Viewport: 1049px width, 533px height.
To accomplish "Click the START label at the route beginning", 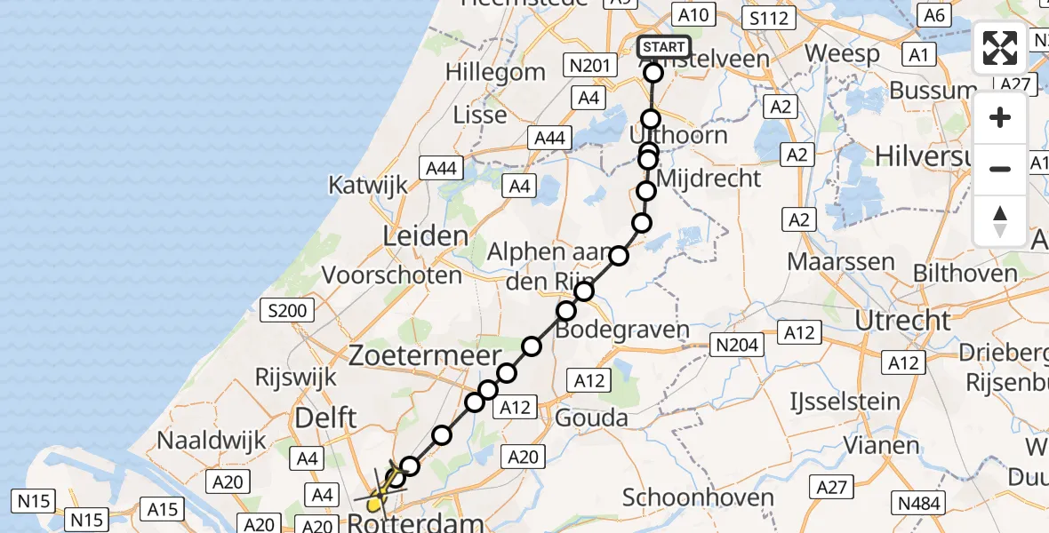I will click(663, 46).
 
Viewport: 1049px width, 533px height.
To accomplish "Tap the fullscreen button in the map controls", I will click(1000, 48).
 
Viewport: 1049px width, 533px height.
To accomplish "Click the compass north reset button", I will click(1000, 220).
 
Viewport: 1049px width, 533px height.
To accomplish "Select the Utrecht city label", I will click(903, 320).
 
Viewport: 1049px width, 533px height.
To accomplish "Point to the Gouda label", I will click(591, 417).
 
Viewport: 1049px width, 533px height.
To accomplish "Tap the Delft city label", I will click(326, 417).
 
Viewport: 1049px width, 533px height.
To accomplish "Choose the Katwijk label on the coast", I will click(368, 185).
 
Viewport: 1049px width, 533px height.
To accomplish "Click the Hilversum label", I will click(933, 155).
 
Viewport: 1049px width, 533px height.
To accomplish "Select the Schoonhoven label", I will click(698, 497).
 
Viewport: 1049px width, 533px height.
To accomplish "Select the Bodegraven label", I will click(623, 330).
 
